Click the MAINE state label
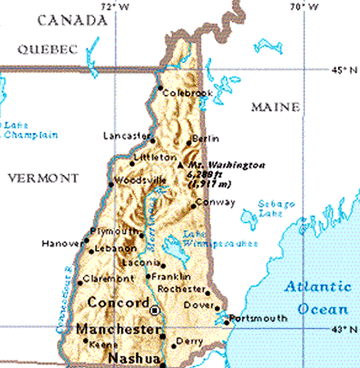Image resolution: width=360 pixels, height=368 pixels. point(276,107)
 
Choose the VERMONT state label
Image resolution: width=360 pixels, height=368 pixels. point(43,177)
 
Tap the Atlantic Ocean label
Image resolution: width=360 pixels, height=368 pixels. point(315,298)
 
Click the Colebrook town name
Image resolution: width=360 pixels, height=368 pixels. point(187,93)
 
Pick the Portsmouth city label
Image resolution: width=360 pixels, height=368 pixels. point(256,317)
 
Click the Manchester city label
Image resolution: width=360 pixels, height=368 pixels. point(116,329)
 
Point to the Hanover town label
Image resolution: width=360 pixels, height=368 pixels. point(61,243)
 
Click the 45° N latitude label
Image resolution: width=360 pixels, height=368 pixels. point(345,71)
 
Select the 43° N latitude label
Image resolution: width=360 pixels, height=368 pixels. point(345,330)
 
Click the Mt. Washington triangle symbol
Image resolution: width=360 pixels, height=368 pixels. point(181,165)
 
